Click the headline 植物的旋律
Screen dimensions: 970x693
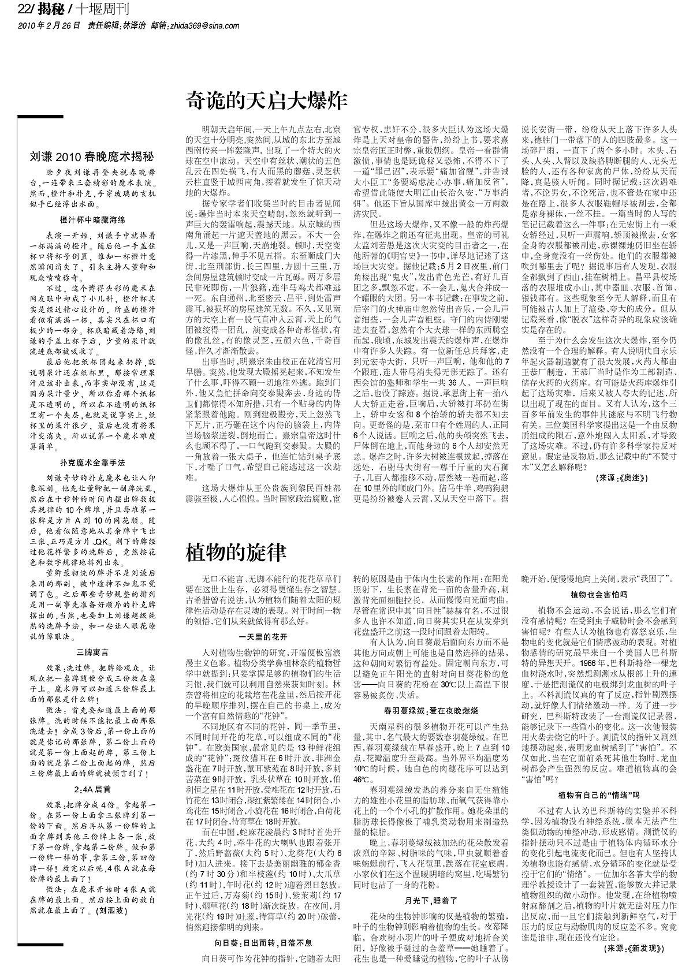236,553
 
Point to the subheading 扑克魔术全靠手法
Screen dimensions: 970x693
92,462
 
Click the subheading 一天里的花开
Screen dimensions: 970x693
262,636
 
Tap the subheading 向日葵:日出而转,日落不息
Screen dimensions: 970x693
262,942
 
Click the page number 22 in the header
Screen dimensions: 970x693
24,10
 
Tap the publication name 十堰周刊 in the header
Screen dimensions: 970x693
103,10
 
